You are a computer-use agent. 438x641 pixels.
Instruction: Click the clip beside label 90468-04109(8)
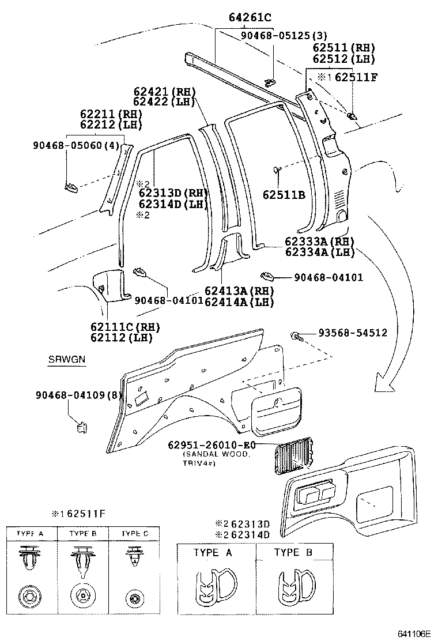pos(81,427)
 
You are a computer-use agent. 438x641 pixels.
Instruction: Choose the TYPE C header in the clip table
pos(135,534)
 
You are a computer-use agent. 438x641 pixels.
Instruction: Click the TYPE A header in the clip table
pos(32,534)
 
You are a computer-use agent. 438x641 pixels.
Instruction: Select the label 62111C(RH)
pos(124,327)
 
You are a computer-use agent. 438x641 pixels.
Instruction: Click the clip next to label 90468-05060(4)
pos(70,186)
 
